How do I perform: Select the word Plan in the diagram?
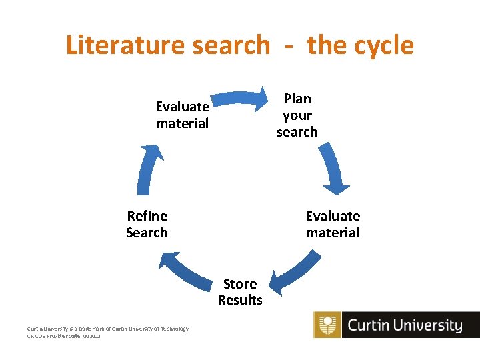(297, 99)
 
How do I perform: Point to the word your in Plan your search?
(297, 115)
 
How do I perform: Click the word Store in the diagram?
(240, 284)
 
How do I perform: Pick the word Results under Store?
(240, 300)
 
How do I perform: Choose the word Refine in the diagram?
(147, 216)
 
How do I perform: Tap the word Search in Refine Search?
(147, 233)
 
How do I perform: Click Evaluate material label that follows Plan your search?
(333, 224)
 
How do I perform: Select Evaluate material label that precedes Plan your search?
(182, 115)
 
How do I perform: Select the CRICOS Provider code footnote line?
(64, 337)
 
